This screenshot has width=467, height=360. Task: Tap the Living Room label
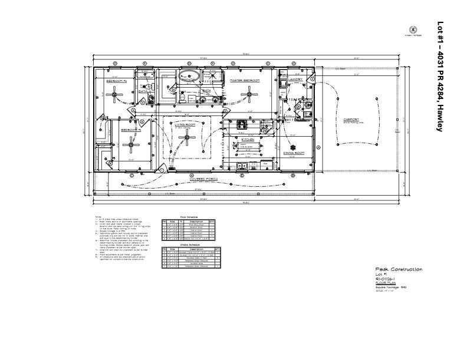pos(185,125)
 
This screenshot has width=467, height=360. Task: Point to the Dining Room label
pos(293,152)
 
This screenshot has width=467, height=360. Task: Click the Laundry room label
pos(295,79)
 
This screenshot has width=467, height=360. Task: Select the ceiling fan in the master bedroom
pos(250,92)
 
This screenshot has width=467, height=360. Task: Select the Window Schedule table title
pos(183,244)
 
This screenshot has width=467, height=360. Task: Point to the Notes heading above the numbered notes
pos(97,216)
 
